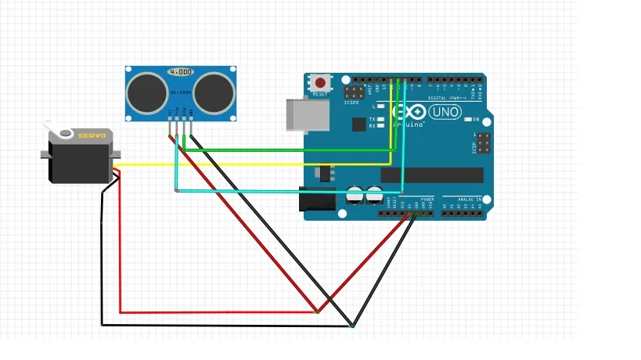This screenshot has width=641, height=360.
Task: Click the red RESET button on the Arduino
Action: coord(320,82)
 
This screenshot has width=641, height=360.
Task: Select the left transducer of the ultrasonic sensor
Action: coord(146,92)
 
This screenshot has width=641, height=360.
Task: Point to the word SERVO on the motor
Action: coord(92,135)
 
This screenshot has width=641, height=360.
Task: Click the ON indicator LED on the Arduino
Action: coord(466,120)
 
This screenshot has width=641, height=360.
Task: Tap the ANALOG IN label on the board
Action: coord(468,200)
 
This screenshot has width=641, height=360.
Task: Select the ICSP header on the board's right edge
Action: coord(484,143)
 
